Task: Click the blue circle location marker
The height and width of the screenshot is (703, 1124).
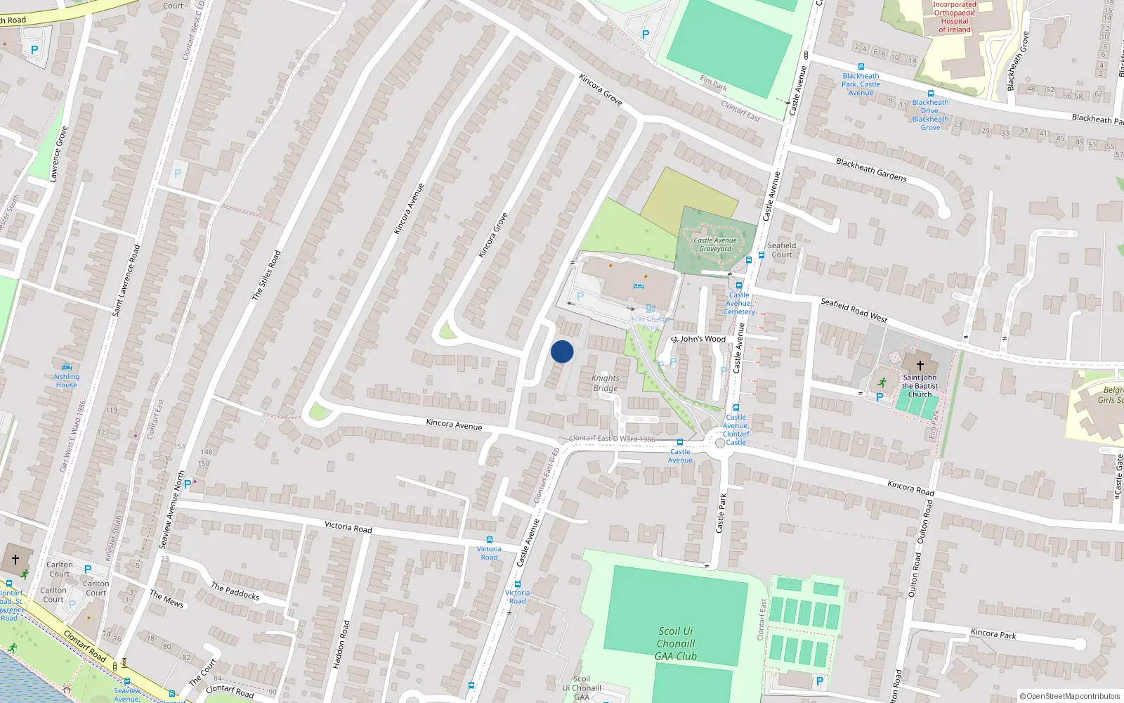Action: pos(562,351)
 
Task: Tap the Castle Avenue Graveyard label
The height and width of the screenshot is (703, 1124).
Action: pos(715,245)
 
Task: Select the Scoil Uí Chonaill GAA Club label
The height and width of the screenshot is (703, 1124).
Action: pos(675,644)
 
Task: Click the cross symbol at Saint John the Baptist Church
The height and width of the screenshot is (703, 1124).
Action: pos(920,366)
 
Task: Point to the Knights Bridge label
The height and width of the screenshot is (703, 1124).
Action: pos(605,383)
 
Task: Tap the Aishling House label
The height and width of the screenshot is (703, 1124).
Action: pos(67,381)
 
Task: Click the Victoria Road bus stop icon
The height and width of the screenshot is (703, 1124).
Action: pos(489,540)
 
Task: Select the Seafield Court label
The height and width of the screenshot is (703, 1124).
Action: pos(781,250)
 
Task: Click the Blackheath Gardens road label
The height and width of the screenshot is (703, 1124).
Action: pos(871,169)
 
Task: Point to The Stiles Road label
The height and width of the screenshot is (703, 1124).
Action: pos(266,276)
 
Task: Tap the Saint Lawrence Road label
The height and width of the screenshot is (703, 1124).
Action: pos(126,280)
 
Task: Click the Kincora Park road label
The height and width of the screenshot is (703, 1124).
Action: pos(993,633)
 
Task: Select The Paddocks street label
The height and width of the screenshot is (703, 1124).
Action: pos(235,591)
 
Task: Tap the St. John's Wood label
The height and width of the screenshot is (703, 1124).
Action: pos(698,339)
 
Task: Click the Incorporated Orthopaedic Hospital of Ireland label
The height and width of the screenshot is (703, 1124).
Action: pos(955,17)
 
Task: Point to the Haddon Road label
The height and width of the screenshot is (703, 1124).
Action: pos(341,644)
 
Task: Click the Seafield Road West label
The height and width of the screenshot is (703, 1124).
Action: pos(854,310)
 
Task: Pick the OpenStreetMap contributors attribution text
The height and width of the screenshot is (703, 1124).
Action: pos(1070,696)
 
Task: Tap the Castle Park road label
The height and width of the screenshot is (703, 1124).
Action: pos(721,513)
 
